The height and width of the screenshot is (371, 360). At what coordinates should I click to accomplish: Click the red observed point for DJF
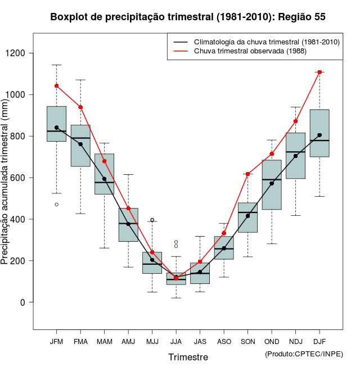[x=319, y=72]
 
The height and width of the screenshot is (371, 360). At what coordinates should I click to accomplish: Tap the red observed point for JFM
[x=56, y=86]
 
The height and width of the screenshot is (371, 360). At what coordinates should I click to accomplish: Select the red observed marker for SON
[x=247, y=174]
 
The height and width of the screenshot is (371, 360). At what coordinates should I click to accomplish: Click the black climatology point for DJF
[x=319, y=135]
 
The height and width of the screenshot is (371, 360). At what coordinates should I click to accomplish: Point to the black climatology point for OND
[x=272, y=183]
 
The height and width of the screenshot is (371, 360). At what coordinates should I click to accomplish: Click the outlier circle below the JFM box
[x=56, y=205]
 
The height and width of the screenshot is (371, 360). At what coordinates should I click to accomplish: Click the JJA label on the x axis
[x=176, y=342]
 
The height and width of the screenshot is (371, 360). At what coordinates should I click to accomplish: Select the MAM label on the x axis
[x=104, y=342]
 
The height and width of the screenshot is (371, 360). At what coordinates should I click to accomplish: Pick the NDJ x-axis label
[x=295, y=342]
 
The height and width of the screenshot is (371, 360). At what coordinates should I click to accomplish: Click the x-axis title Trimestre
[x=188, y=357]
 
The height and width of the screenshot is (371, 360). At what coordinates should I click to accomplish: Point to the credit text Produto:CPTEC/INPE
[x=304, y=354]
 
